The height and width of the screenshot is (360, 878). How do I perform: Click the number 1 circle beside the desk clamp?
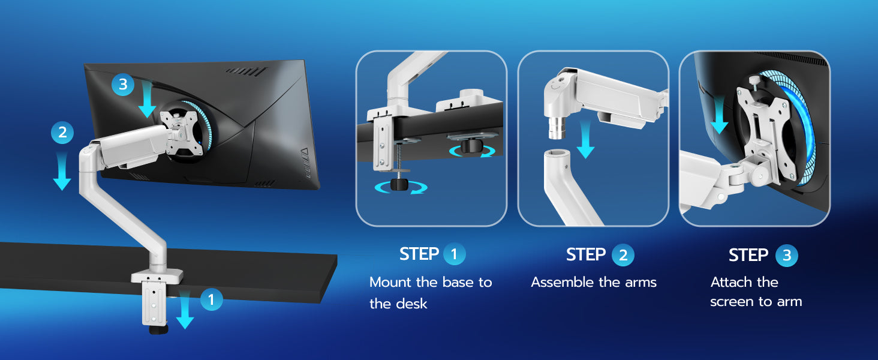tap(211, 299)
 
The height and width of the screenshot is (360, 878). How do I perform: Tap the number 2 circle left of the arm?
tap(62, 133)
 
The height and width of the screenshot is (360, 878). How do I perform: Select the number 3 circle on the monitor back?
tap(123, 85)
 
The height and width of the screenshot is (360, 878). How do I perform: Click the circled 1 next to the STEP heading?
tap(454, 254)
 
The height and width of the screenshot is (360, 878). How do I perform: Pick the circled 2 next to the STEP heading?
tap(623, 255)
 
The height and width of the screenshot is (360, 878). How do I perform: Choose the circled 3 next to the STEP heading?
tap(786, 255)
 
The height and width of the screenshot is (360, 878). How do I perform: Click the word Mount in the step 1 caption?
tap(390, 283)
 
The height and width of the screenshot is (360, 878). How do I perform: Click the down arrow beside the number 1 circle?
tap(185, 310)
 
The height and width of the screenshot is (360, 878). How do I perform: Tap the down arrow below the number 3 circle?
tap(147, 99)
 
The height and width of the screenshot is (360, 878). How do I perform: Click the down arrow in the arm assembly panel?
tap(585, 139)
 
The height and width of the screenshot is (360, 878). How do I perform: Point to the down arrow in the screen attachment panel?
tap(719, 116)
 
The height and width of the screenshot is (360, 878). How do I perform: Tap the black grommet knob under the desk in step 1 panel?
tap(471, 146)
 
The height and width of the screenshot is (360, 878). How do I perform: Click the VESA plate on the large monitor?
tap(181, 133)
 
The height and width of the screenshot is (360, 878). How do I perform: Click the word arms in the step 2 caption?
tap(641, 283)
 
